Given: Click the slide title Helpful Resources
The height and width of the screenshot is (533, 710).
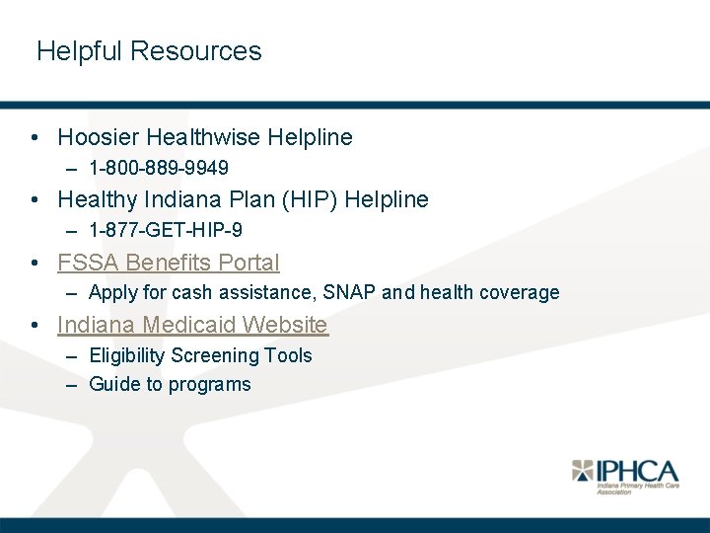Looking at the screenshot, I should [149, 51].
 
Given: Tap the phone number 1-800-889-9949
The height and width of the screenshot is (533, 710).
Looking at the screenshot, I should [158, 169].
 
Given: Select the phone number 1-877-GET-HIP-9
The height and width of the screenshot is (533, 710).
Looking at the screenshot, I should [166, 230].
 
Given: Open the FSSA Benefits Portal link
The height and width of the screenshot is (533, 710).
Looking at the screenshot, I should [169, 263].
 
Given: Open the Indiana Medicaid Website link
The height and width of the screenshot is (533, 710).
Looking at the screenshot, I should [192, 325].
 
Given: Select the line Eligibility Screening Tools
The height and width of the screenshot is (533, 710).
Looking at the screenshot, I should [200, 355].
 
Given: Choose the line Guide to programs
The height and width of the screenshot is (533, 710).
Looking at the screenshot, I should [170, 384].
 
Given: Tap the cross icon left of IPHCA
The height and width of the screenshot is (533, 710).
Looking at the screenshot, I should [584, 471].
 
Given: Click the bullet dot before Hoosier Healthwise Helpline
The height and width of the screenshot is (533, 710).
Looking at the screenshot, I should [35, 138].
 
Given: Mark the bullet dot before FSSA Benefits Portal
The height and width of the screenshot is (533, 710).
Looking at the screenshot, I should [35, 264].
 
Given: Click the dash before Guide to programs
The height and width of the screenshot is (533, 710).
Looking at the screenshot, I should [72, 385].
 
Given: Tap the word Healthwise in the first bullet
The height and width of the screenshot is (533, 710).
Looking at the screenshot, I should [200, 137].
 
